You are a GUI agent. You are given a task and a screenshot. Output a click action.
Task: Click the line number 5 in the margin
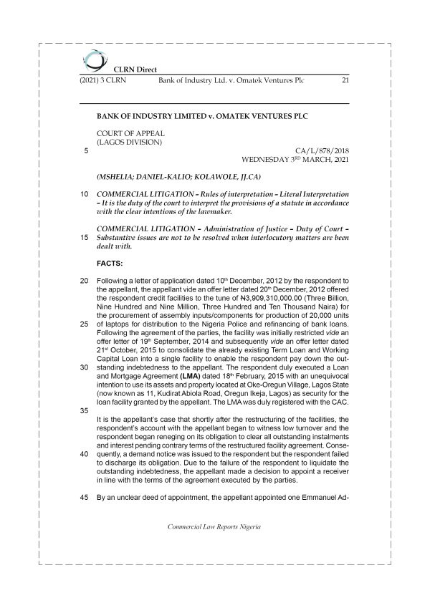[86, 151]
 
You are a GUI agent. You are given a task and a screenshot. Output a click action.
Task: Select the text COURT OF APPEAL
[130, 133]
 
